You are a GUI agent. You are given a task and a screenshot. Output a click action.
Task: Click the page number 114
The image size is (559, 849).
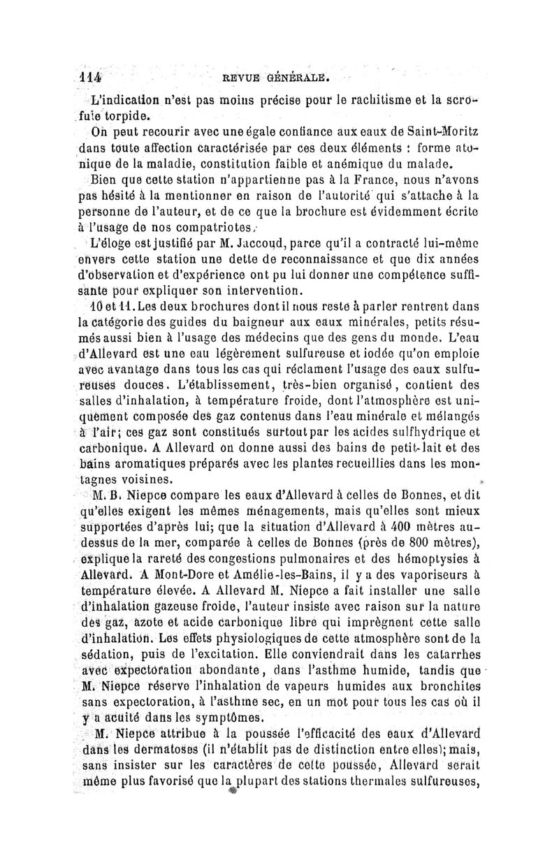click(x=90, y=75)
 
